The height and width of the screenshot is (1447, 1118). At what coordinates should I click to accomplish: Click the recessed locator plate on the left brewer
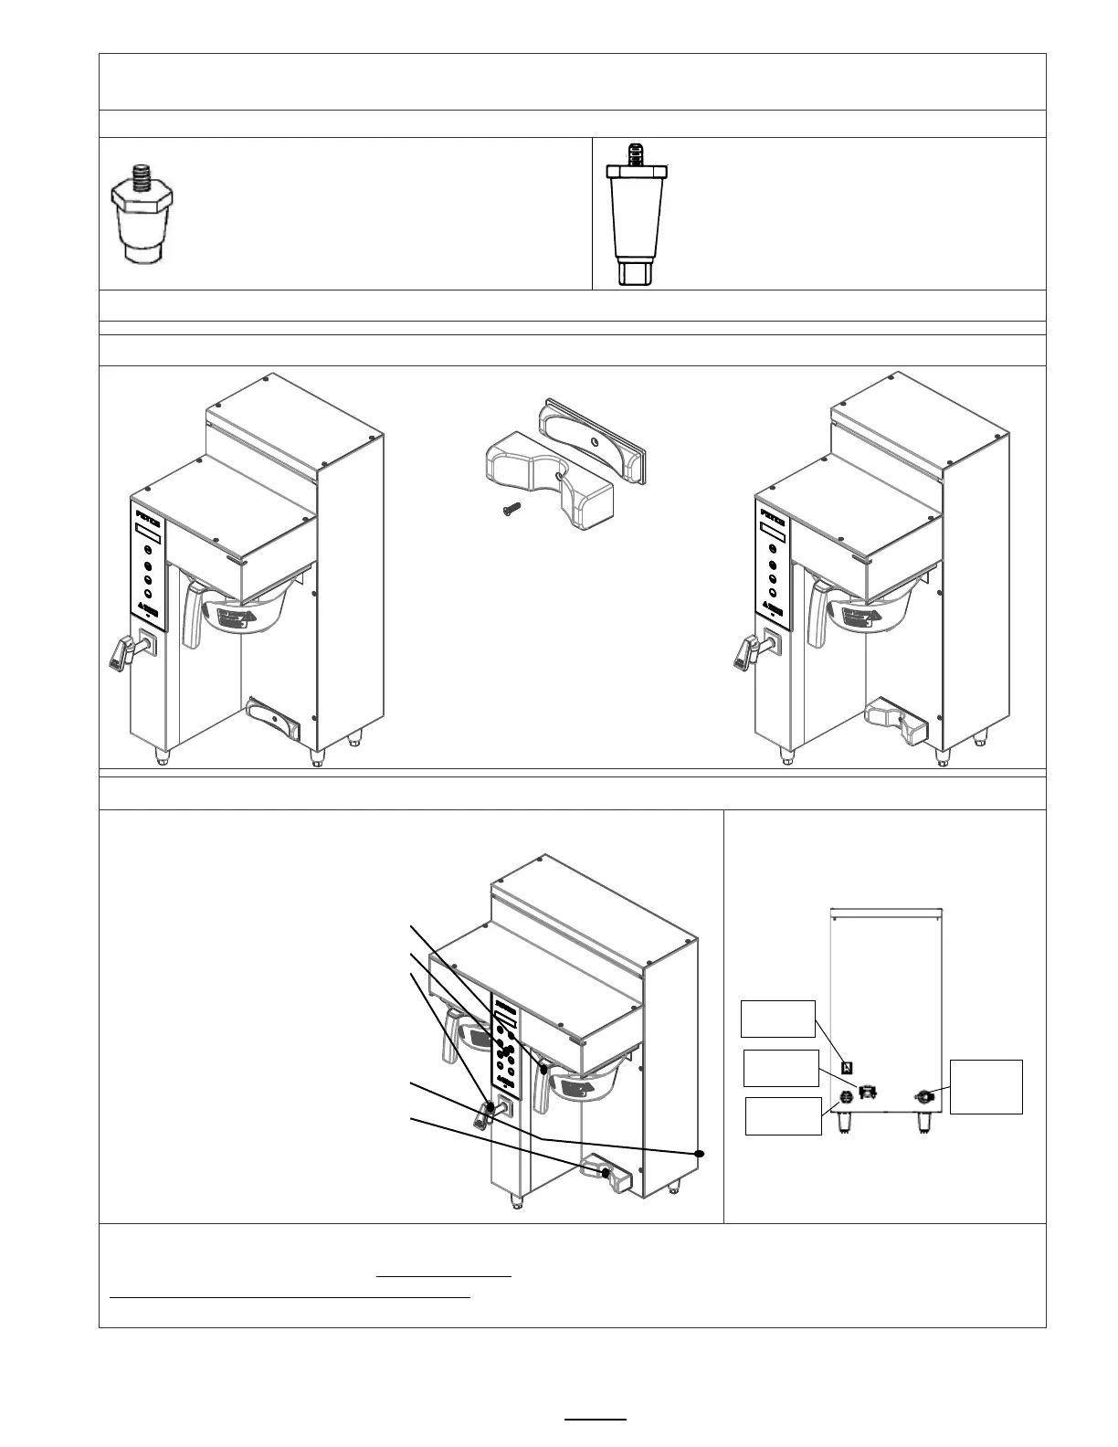click(273, 719)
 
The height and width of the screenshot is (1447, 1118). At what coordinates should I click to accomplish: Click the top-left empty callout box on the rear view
click(777, 1019)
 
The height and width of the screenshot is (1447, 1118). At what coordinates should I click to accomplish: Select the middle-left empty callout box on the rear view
click(781, 1068)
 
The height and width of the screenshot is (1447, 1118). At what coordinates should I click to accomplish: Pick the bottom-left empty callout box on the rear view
click(783, 1115)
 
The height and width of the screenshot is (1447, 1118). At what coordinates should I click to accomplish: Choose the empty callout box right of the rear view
click(986, 1086)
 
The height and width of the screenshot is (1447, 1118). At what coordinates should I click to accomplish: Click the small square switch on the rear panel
click(847, 1067)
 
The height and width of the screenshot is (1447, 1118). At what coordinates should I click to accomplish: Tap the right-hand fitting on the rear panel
click(924, 1096)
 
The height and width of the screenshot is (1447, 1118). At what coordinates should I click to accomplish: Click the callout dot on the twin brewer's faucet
click(490, 1107)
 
